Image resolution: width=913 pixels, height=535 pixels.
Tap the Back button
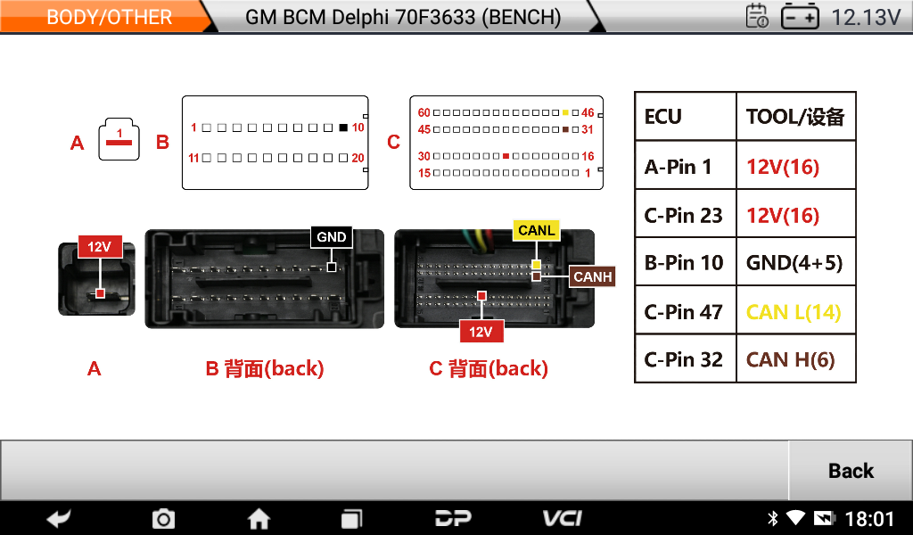click(x=851, y=471)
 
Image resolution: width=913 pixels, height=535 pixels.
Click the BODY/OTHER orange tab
click(x=109, y=17)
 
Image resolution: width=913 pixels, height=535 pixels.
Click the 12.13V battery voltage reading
click(x=865, y=17)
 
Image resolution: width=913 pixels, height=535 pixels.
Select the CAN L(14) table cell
click(x=794, y=311)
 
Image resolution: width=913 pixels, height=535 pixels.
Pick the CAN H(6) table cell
click(x=790, y=359)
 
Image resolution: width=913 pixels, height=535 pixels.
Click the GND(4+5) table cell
click(x=794, y=263)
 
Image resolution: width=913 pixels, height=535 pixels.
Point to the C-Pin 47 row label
click(x=683, y=311)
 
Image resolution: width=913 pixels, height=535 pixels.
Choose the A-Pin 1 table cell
click(x=678, y=167)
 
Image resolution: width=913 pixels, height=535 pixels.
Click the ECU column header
click(x=662, y=117)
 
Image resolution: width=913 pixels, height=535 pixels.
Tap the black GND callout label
click(x=332, y=237)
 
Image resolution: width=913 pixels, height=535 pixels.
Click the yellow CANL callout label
click(x=536, y=230)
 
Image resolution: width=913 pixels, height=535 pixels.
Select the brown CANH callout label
click(x=593, y=277)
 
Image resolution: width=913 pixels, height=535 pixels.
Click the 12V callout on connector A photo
click(x=99, y=247)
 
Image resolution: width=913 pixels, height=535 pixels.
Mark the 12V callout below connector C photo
click(x=481, y=333)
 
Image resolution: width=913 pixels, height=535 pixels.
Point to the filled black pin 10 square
click(x=343, y=128)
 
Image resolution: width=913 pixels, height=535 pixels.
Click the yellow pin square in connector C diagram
click(x=566, y=113)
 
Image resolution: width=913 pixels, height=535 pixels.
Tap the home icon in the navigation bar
click(x=259, y=518)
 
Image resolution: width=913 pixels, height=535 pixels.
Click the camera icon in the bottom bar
click(x=163, y=518)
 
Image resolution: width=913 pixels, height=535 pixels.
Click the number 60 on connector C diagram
click(x=424, y=113)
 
